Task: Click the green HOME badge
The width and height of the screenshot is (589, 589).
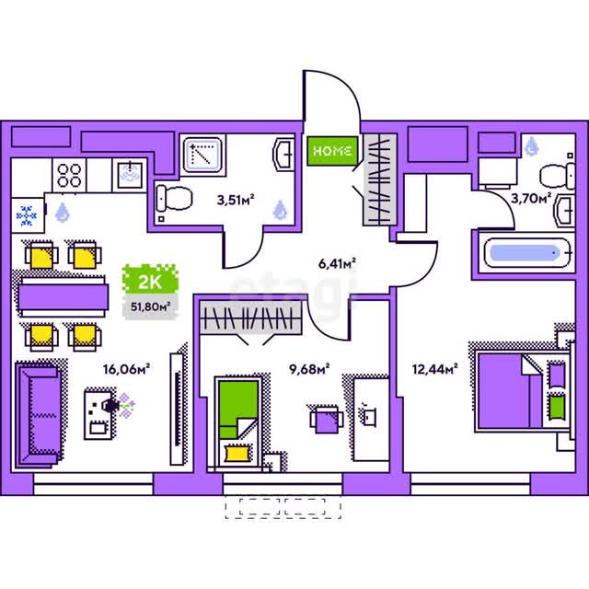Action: pos(332,151)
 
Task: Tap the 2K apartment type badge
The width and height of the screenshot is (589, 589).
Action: pos(150,280)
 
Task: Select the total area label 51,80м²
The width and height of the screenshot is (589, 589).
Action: pos(150,306)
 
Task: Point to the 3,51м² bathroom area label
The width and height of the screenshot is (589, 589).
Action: pos(236,200)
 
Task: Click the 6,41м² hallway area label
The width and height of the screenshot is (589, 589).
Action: pos(337,264)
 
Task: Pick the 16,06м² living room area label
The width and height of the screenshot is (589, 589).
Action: pos(127,369)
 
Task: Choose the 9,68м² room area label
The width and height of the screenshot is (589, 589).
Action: pos(309,369)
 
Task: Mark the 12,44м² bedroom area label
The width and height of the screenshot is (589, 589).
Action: pos(434,369)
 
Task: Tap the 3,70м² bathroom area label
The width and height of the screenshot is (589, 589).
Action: pos(531,198)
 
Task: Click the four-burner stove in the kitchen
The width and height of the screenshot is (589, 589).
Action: pos(70,176)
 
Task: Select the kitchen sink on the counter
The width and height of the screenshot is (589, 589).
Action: pos(130,175)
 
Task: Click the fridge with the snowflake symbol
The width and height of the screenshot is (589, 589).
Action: pos(28,215)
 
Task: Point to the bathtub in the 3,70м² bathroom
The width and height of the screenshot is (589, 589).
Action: pos(527,253)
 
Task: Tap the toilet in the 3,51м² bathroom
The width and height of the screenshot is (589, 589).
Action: pos(174,198)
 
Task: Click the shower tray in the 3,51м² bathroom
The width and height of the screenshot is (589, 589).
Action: pos(202,156)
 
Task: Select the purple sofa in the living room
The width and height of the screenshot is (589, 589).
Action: pos(39,415)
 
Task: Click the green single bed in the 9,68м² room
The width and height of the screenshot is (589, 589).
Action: pos(238,423)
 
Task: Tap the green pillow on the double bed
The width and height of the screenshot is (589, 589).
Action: pos(557,408)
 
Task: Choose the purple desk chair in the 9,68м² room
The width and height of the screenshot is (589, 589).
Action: pos(327,420)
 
